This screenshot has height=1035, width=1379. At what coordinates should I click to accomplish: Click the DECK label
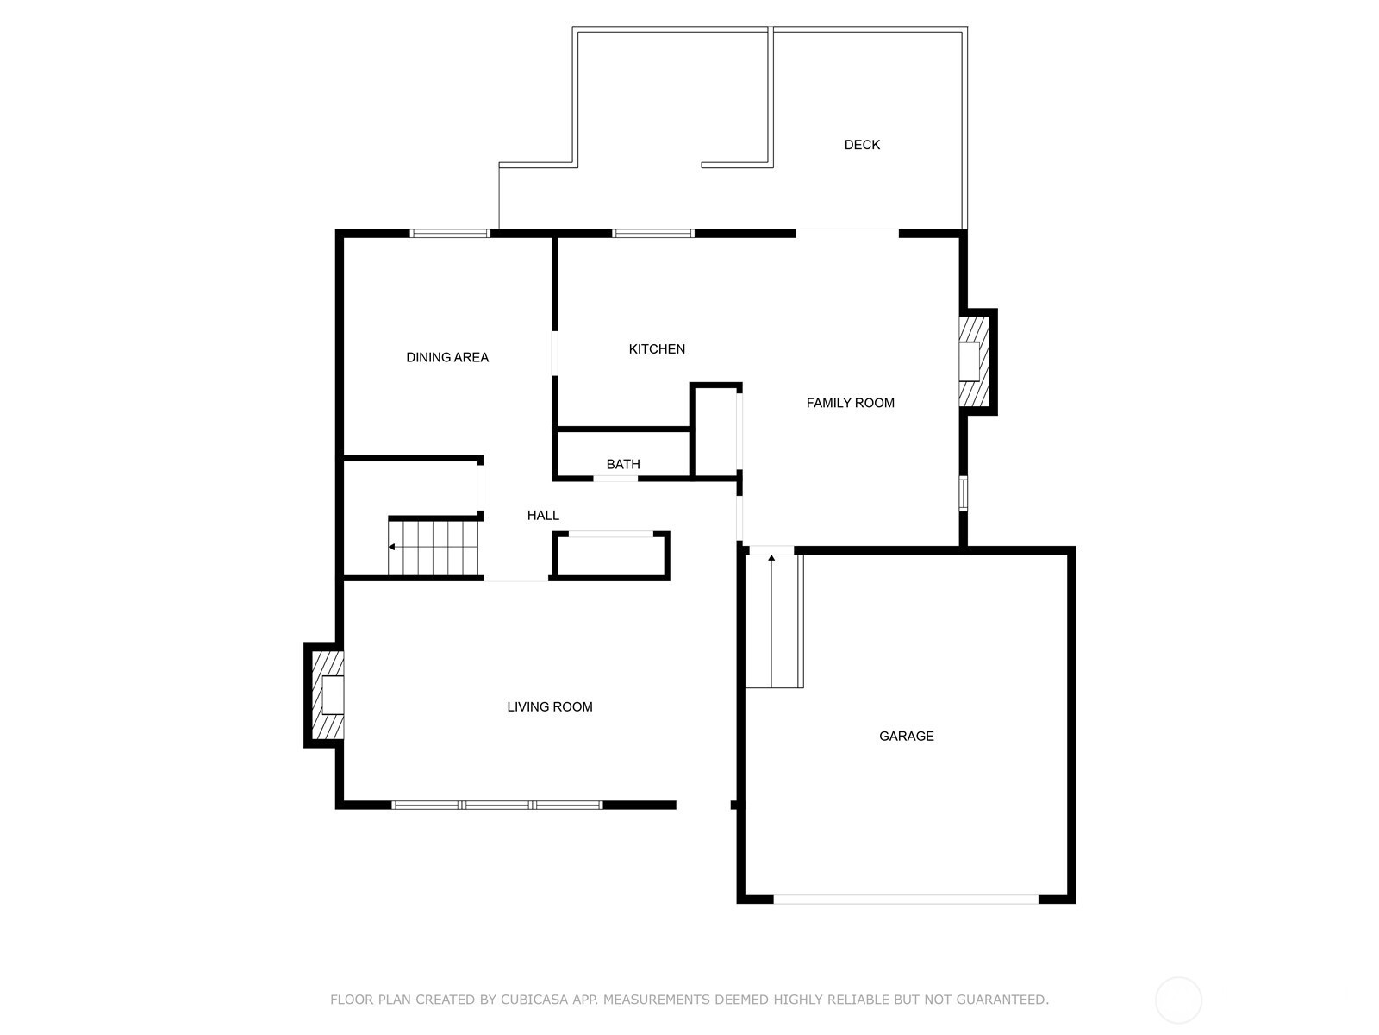[x=861, y=145]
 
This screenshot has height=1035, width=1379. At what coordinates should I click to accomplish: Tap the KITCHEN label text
[x=657, y=348]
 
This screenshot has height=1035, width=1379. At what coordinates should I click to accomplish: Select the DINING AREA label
[x=446, y=358]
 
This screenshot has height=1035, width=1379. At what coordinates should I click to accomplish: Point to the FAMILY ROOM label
[x=850, y=403]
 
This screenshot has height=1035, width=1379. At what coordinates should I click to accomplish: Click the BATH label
[x=622, y=464]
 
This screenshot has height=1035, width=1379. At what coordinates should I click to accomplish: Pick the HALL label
[x=543, y=515]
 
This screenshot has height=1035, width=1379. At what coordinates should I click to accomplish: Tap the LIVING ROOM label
[x=549, y=707]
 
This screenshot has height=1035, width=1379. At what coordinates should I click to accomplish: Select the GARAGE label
[x=906, y=736]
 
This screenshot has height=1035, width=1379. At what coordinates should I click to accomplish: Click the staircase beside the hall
[x=433, y=548]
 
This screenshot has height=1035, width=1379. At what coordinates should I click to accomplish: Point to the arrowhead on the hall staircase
[x=391, y=548]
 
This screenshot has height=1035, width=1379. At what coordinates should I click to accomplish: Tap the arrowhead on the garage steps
[x=771, y=557]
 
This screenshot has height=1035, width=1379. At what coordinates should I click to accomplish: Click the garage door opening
[x=905, y=900]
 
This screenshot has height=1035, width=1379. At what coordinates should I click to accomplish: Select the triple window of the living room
[x=497, y=805]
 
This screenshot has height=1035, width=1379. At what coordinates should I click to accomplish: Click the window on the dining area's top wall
[x=450, y=234]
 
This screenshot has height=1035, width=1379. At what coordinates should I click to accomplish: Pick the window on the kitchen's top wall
[x=653, y=234]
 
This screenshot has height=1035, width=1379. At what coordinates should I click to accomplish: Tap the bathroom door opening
[x=615, y=479]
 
